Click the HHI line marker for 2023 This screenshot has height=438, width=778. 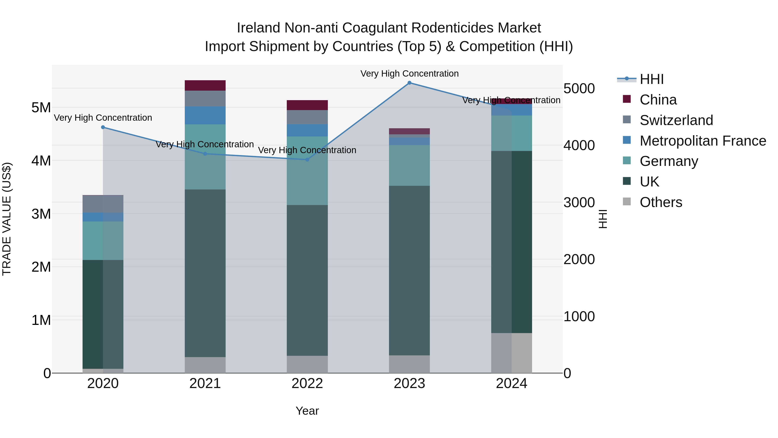point(409,83)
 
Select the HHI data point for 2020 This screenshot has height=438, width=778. point(103,127)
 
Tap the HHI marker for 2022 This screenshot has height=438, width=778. point(307,160)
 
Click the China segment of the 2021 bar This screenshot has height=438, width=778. point(205,85)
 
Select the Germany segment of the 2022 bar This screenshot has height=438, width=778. point(307,171)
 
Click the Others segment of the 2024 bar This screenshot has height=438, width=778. point(511,353)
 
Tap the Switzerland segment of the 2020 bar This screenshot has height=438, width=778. point(103,204)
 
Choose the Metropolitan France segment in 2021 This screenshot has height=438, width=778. point(205,115)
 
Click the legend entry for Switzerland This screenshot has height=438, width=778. point(676,120)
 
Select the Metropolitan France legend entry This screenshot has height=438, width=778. point(703,141)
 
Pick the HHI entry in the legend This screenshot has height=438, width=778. point(651,79)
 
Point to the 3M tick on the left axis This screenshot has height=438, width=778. point(41,214)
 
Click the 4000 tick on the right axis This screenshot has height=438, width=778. point(579,145)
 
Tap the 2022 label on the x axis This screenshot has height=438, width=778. point(307,383)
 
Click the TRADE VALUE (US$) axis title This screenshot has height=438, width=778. point(7,219)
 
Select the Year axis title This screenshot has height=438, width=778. point(307,411)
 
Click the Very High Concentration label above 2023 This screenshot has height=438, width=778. point(409,74)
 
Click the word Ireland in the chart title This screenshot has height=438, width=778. point(258,28)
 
